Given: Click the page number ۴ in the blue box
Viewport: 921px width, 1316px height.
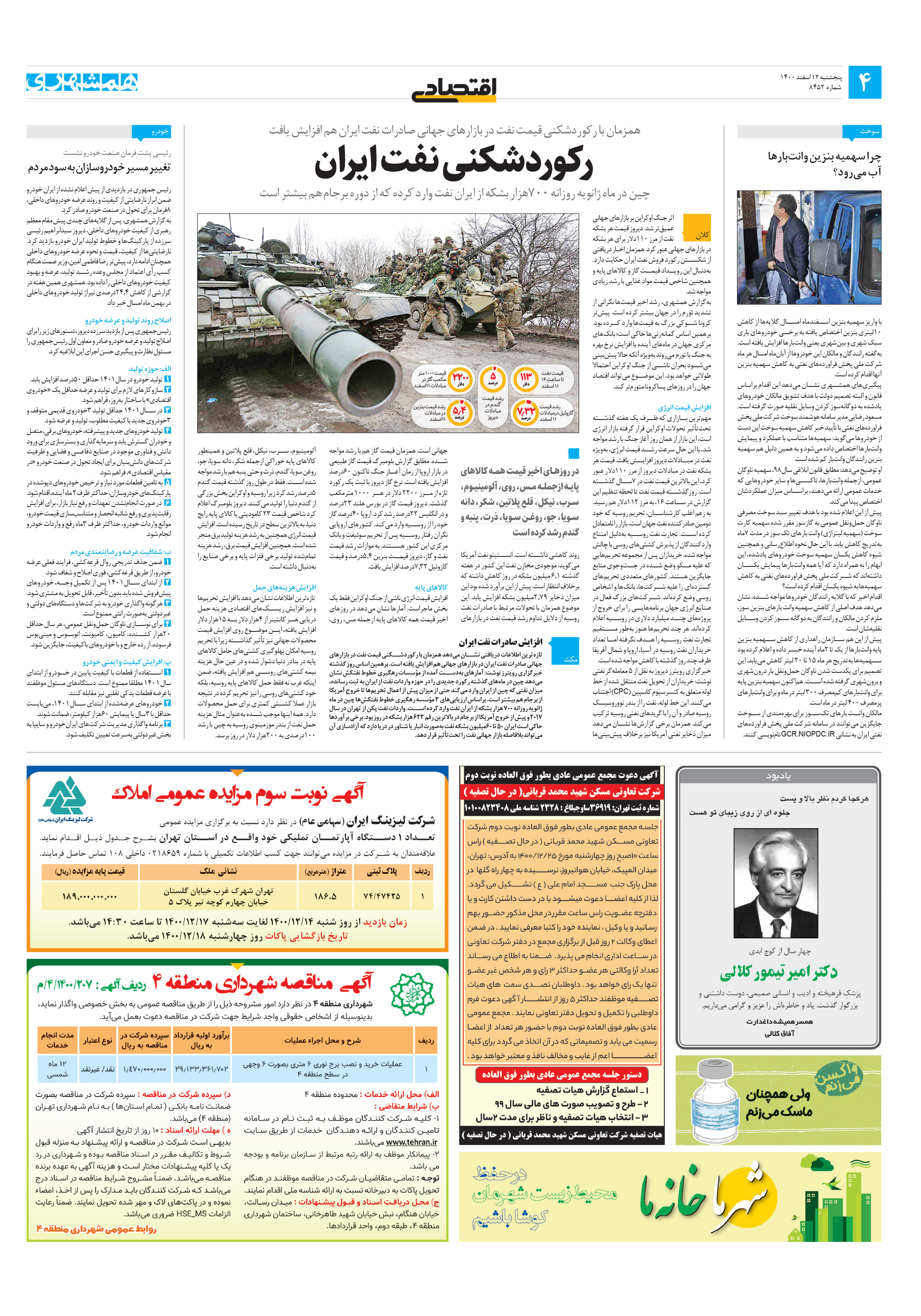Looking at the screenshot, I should pyautogui.click(x=864, y=82).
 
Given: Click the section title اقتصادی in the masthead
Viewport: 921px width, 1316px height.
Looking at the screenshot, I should pyautogui.click(x=454, y=90).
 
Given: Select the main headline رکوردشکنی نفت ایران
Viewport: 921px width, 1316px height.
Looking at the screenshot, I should pyautogui.click(x=453, y=163).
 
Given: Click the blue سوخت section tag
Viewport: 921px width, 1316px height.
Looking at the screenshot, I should pyautogui.click(x=862, y=131).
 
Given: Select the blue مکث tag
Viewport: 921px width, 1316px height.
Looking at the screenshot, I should pyautogui.click(x=571, y=659).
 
